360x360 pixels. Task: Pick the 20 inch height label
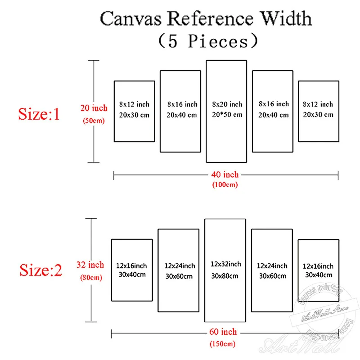tap(94, 108)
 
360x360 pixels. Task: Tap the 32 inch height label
tap(93, 265)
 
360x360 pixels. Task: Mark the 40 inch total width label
tap(225, 175)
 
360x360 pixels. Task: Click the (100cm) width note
tap(225, 184)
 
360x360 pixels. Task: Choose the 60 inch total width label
tap(224, 332)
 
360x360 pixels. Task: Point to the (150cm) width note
tap(224, 344)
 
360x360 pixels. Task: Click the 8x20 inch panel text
tap(227, 104)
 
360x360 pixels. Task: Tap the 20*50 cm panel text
tap(227, 114)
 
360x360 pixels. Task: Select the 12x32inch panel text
tap(225, 264)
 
